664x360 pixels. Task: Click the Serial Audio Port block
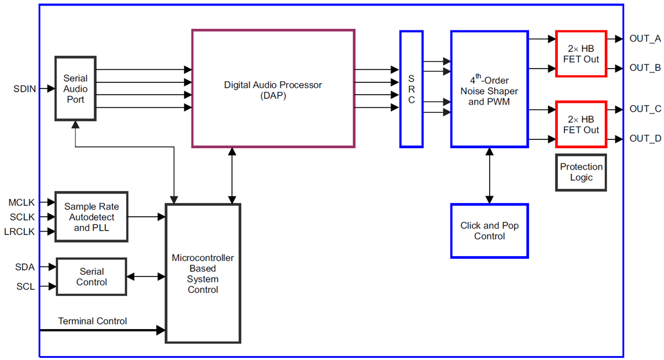tap(75, 88)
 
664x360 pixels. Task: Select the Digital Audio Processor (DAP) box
tap(273, 89)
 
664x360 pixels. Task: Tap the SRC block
tap(411, 89)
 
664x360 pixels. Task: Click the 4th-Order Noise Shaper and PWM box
tap(489, 89)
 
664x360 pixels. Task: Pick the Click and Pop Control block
tap(489, 231)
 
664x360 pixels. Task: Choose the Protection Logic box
tap(581, 172)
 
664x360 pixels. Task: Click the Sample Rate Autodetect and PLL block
tap(91, 217)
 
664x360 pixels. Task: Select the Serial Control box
tap(91, 276)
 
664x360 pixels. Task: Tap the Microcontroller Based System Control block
tap(203, 273)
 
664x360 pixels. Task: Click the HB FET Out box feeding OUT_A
tap(581, 54)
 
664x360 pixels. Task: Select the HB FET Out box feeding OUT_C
tap(581, 124)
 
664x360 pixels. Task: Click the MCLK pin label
tap(22, 203)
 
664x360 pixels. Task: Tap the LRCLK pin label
tap(19, 232)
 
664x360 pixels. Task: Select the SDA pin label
tap(25, 267)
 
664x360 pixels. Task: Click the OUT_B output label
tap(645, 68)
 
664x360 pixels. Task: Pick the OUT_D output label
tap(645, 138)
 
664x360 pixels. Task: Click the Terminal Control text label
tap(92, 321)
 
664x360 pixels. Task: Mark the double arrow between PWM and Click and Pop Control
tap(489, 175)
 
